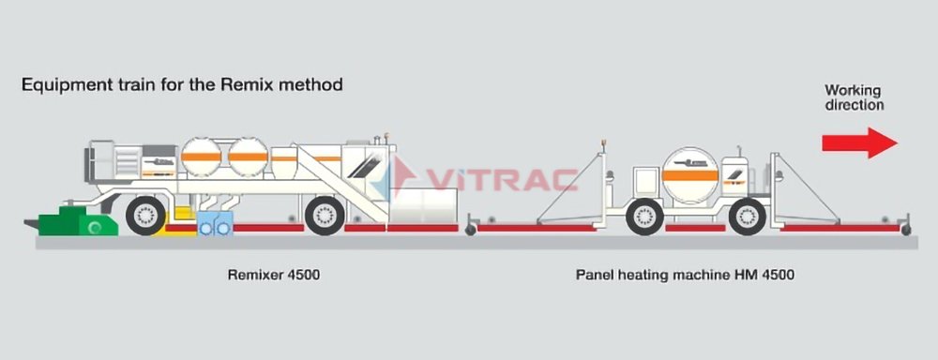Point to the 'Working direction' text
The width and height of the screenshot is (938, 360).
coord(854,97)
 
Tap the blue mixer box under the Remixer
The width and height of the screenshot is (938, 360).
coord(215,224)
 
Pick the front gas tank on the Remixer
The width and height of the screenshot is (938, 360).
coord(250,158)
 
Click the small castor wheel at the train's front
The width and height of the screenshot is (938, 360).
coord(905,229)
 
